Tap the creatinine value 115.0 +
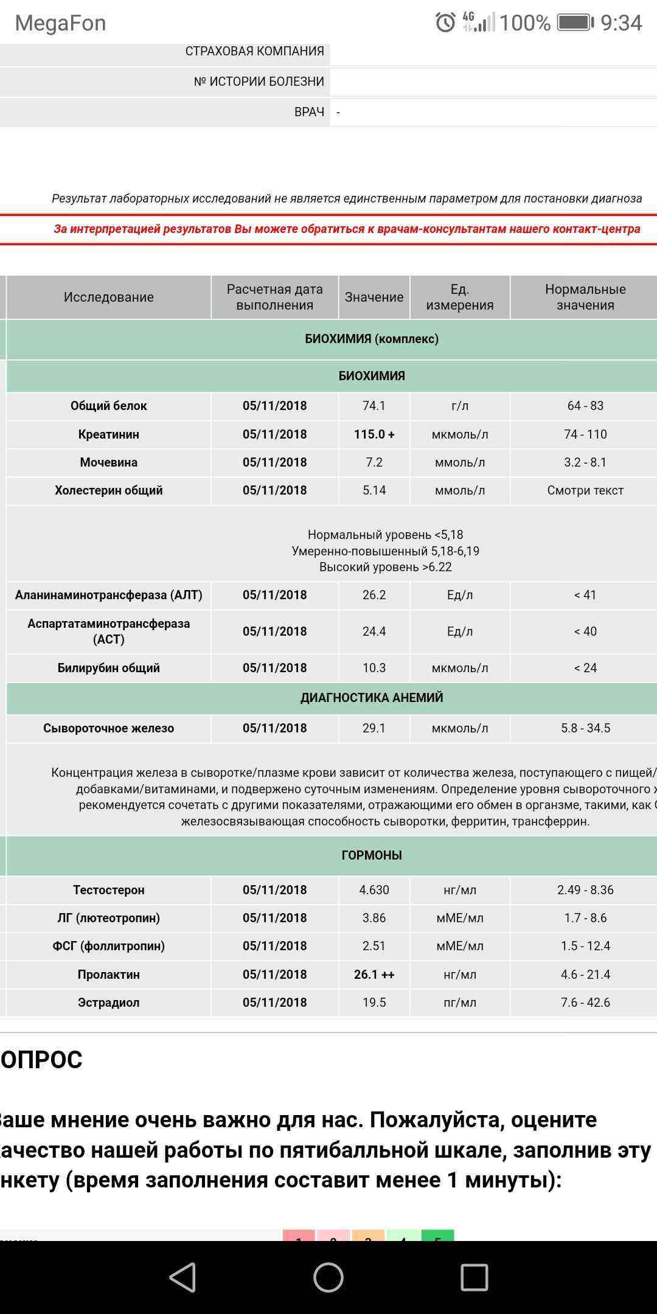pos(374,434)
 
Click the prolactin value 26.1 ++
pos(374,975)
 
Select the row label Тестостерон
pos(109,890)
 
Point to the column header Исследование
pos(109,297)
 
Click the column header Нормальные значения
pos(585,297)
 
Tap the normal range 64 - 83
pos(585,406)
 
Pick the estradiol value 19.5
pos(374,1003)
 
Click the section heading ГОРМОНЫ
pos(372,855)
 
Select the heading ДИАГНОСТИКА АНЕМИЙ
pos(372,698)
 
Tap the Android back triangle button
pos(182,1277)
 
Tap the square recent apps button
pos(474,1277)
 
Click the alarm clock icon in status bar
pos(445,23)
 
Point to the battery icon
pos(575,23)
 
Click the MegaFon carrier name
pos(60,23)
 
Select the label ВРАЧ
pos(309,112)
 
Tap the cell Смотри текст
pos(585,490)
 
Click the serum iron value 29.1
pos(374,728)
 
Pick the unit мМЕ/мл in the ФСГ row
pos(460,946)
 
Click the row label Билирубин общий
pos(109,668)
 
